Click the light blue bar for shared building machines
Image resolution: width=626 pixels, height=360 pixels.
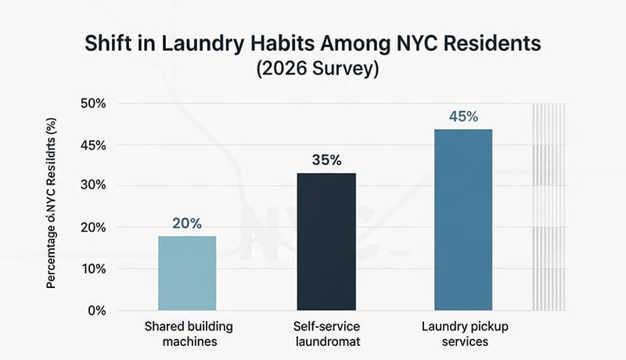click(187, 272)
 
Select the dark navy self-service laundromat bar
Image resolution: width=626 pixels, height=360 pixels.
click(326, 241)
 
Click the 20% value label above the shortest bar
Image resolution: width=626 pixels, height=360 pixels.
click(187, 223)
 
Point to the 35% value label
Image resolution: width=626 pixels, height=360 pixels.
click(326, 160)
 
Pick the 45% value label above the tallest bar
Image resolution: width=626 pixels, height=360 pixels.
click(463, 117)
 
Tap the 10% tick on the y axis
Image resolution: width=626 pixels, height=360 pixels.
click(104, 268)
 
